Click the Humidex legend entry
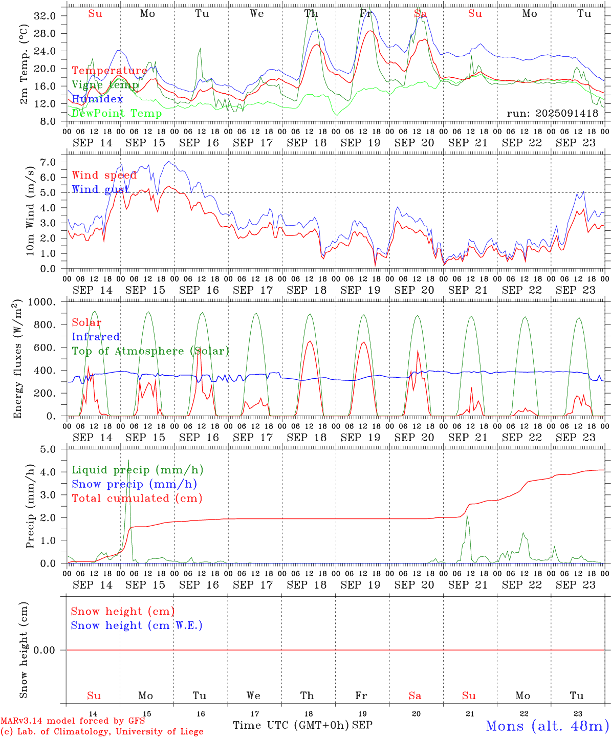[x=97, y=99]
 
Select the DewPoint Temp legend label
[x=117, y=114]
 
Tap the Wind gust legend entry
[x=100, y=189]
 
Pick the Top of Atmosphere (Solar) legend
[x=150, y=351]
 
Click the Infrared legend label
[x=96, y=337]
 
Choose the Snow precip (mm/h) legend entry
[x=134, y=484]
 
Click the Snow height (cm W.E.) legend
[x=137, y=625]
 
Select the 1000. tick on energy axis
[x=41, y=302]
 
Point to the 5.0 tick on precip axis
[x=49, y=449]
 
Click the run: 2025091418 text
[x=552, y=114]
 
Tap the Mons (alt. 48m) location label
[x=547, y=726]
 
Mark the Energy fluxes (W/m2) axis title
[x=18, y=358]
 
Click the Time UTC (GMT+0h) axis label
[x=291, y=725]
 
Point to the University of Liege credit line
[x=102, y=732]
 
